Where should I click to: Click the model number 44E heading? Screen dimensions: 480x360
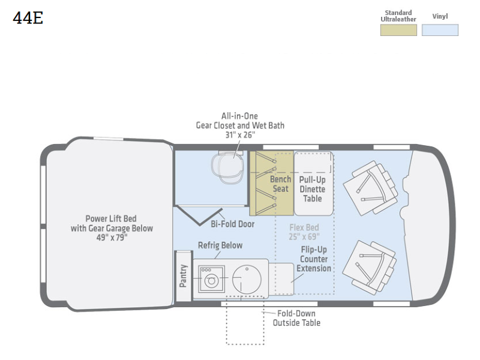pyautogui.click(x=28, y=18)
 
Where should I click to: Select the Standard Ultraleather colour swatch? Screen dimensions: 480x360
pyautogui.click(x=398, y=30)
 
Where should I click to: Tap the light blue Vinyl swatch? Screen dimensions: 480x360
pyautogui.click(x=440, y=30)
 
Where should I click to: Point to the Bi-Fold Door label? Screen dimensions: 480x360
pyautogui.click(x=232, y=224)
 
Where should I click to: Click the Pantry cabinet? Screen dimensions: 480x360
pyautogui.click(x=183, y=276)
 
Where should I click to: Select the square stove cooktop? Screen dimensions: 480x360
pyautogui.click(x=211, y=279)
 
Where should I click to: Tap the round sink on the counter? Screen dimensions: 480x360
pyautogui.click(x=247, y=279)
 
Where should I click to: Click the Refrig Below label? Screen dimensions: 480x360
pyautogui.click(x=220, y=245)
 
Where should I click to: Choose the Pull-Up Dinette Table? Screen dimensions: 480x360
pyautogui.click(x=313, y=183)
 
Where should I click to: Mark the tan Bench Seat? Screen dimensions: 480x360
pyautogui.click(x=272, y=183)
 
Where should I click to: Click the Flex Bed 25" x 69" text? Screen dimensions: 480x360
pyautogui.click(x=304, y=232)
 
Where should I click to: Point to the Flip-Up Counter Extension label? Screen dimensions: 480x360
pyautogui.click(x=314, y=259)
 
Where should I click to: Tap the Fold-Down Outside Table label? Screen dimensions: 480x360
pyautogui.click(x=296, y=318)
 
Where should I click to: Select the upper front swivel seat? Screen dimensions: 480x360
pyautogui.click(x=370, y=188)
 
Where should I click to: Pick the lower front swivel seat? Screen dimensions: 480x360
pyautogui.click(x=369, y=268)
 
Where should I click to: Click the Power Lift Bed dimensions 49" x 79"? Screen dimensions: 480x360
pyautogui.click(x=112, y=238)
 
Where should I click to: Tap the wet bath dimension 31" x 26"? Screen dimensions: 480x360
pyautogui.click(x=240, y=134)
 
